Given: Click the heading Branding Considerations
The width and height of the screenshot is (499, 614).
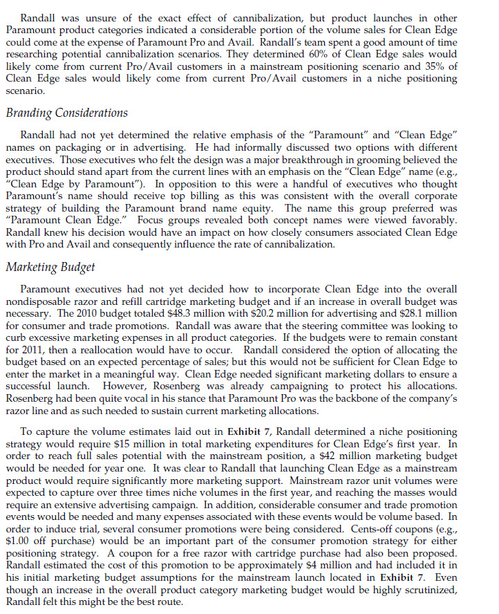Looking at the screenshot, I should tap(66, 113).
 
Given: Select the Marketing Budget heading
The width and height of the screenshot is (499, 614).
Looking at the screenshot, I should tap(50, 267).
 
